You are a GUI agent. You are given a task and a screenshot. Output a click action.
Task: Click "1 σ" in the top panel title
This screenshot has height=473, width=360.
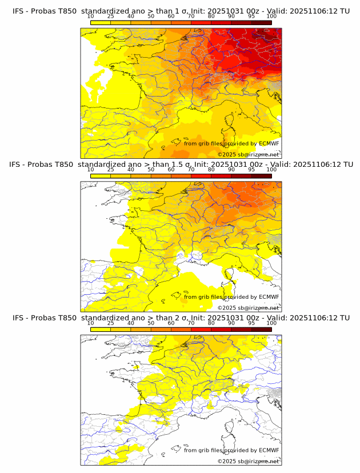[x=183, y=10]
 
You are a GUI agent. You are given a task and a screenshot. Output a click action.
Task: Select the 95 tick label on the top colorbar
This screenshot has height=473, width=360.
[x=251, y=16]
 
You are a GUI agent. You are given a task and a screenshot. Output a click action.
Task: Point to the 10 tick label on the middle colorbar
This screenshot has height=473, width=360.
[x=91, y=170]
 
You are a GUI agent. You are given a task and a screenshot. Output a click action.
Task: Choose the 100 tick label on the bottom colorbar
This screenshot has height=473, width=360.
[x=271, y=323]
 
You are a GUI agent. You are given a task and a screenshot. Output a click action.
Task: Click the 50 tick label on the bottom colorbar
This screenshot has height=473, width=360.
[x=151, y=323]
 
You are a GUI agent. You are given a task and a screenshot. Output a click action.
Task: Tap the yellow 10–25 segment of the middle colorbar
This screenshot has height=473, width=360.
[x=101, y=176]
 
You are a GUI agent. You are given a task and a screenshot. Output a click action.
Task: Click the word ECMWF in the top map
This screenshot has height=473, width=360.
[x=269, y=143]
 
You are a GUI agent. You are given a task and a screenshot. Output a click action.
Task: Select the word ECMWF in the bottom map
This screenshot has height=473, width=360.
[x=269, y=450]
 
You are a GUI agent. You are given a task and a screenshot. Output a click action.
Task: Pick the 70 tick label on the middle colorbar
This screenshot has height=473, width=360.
[x=191, y=170]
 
